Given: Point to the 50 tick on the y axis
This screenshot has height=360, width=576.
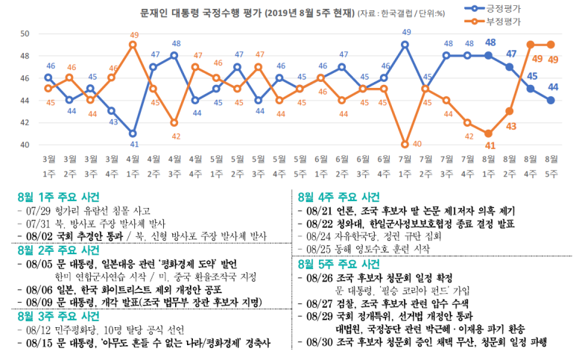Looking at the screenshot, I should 25,34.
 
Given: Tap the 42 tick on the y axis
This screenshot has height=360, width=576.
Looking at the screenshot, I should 25,122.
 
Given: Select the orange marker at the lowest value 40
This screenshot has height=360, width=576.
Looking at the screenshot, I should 406,145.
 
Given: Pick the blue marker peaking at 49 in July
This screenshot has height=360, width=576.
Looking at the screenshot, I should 406,45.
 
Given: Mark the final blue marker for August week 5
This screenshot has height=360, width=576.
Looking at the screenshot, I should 551,100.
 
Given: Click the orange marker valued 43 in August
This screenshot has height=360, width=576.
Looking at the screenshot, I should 509,111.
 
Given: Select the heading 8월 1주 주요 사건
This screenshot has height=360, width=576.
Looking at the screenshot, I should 59,198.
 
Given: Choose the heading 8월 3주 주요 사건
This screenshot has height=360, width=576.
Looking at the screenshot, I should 59,316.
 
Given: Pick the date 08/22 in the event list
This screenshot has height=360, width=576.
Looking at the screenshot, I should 320,223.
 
